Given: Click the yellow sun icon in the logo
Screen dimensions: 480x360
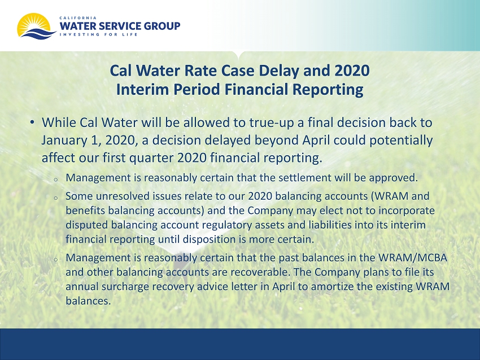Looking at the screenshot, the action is (x=34, y=23).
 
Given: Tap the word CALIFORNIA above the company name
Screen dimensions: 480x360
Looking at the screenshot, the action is (x=78, y=18).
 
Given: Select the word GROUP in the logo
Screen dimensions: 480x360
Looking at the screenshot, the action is (x=162, y=26).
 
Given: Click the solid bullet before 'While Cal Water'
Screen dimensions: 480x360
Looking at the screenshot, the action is (x=32, y=122).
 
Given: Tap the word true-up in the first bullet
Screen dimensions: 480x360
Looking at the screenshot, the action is (x=272, y=123).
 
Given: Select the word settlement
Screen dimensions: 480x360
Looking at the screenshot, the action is (x=295, y=177).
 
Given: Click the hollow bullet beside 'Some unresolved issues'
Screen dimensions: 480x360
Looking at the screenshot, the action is (x=56, y=198).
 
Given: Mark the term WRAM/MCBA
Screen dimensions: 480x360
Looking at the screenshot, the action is (x=413, y=258).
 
